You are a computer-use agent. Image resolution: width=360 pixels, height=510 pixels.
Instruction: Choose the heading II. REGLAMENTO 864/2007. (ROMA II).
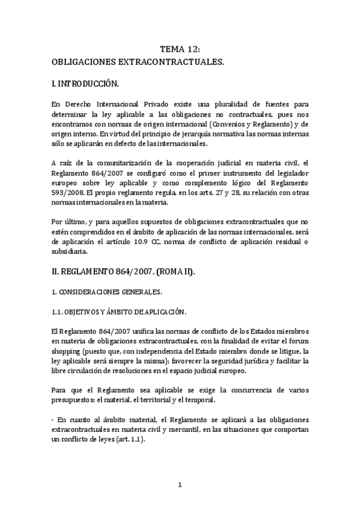[131, 272]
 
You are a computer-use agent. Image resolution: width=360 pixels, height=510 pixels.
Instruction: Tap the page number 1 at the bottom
[180, 485]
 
